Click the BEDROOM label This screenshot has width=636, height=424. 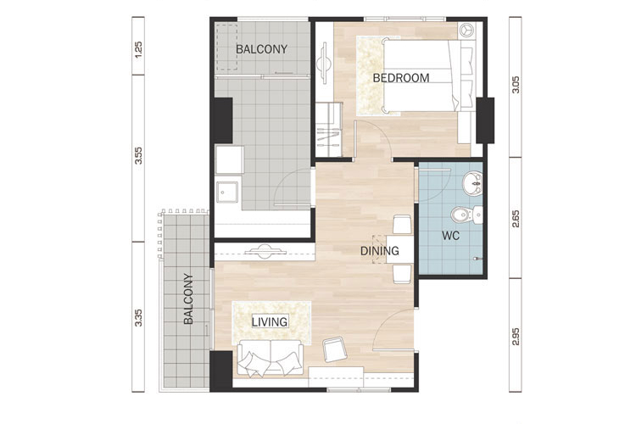pyautogui.click(x=401, y=78)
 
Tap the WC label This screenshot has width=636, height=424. pyautogui.click(x=450, y=236)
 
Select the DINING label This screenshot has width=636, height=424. pyautogui.click(x=380, y=251)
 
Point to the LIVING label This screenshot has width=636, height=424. pyautogui.click(x=270, y=322)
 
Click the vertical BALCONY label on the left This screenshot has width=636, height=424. pyautogui.click(x=188, y=298)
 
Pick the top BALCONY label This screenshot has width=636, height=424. pyautogui.click(x=262, y=49)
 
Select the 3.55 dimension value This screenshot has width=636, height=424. pyautogui.click(x=139, y=155)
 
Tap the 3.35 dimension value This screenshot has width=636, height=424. pyautogui.click(x=139, y=318)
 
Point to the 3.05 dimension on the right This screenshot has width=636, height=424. pyautogui.click(x=516, y=85)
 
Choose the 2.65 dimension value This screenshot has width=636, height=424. pyautogui.click(x=516, y=218)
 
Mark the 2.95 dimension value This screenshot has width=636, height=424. pyautogui.click(x=516, y=337)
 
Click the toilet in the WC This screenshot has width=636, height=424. pyautogui.click(x=466, y=215)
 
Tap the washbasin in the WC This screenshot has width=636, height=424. pyautogui.click(x=472, y=183)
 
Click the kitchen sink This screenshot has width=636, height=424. pyautogui.click(x=227, y=192)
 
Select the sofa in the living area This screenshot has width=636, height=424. pyautogui.click(x=271, y=358)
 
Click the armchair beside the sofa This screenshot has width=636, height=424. pyautogui.click(x=335, y=349)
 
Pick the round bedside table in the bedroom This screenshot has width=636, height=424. pyautogui.click(x=467, y=31)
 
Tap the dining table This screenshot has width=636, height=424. pyautogui.click(x=399, y=249)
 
